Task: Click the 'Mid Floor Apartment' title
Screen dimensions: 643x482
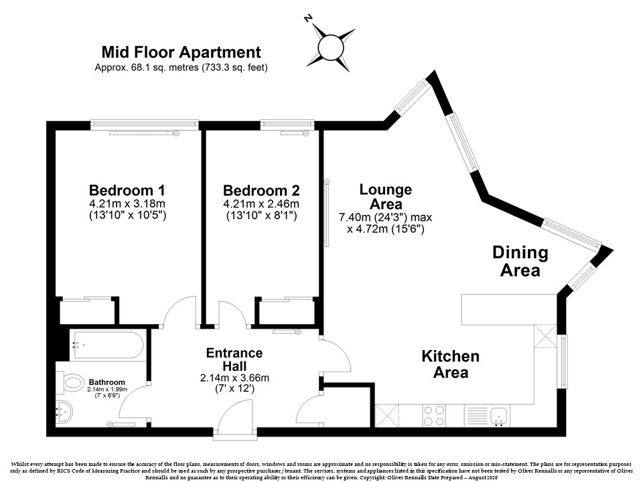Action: (181, 52)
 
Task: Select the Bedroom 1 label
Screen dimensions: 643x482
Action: (127, 191)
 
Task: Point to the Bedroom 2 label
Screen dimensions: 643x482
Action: (261, 191)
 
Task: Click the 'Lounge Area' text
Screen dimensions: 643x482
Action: (386, 196)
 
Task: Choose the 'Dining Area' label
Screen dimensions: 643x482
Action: (520, 262)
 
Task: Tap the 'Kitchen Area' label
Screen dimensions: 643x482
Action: (450, 364)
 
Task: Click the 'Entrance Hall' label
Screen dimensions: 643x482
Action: (234, 359)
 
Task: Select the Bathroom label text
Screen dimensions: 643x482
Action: (107, 382)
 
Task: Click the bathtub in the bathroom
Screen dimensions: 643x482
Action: (107, 345)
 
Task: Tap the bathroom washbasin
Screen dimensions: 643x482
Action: (64, 411)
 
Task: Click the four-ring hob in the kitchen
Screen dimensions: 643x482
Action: (434, 416)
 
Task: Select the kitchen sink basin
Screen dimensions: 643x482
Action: (499, 416)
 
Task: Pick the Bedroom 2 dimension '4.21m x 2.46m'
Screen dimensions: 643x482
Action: (261, 204)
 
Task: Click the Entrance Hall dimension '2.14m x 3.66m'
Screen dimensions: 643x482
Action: (234, 378)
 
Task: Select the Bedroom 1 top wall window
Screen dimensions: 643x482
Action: (145, 125)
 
